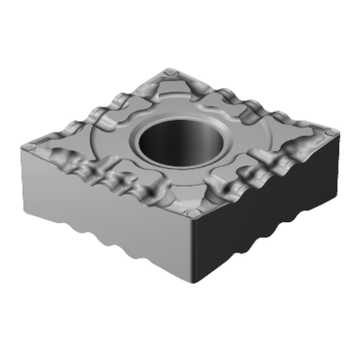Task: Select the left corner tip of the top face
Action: [x=24, y=147]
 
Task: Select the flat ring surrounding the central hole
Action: [x=130, y=139]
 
